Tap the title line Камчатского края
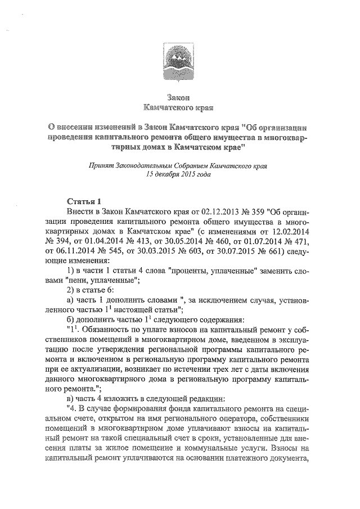179,107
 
